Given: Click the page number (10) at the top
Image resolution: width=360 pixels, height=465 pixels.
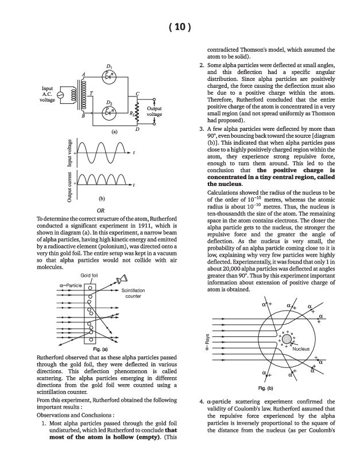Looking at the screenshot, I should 180,28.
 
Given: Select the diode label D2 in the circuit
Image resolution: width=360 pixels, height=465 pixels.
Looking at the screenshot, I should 109,102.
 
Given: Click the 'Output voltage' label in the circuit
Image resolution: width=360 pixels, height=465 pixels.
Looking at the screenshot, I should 154,111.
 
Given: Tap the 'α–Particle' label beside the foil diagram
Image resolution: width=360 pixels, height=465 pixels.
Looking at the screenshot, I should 71,284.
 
